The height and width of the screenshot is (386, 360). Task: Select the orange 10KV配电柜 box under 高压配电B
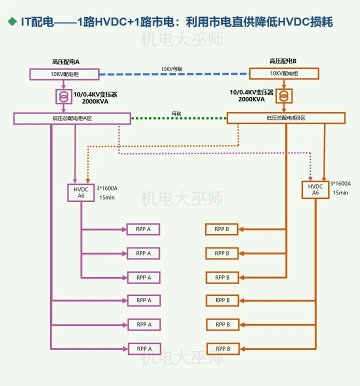[283, 73]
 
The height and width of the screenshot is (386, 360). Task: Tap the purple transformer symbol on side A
[63, 95]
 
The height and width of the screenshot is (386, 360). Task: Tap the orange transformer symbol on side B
[284, 95]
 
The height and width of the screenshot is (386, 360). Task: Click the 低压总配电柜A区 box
[72, 118]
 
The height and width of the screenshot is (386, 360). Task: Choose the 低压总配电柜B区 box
[285, 118]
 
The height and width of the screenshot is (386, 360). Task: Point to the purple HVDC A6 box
[81, 192]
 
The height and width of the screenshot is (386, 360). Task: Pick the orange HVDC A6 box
[315, 189]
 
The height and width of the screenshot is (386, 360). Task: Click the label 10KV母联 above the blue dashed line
[172, 69]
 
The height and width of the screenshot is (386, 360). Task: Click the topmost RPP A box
[143, 229]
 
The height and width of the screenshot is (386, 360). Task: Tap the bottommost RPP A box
[144, 348]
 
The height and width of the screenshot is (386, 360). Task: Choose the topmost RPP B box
[222, 229]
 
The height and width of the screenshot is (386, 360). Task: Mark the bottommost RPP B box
[222, 348]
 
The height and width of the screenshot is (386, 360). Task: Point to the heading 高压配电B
[283, 61]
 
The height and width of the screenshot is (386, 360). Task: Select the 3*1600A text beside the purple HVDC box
[107, 188]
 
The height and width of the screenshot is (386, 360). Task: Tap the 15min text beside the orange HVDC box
[340, 192]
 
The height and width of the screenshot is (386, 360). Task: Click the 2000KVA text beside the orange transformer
[252, 99]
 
